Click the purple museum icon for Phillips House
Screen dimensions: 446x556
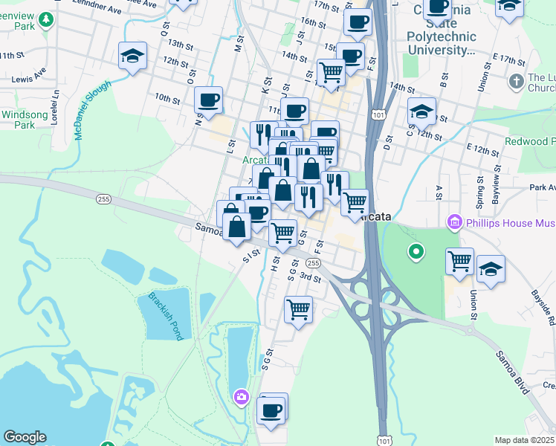(x=454, y=222)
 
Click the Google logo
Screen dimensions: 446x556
(x=25, y=437)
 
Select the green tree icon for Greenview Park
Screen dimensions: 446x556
(x=47, y=19)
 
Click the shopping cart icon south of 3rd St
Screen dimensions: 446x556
(x=298, y=308)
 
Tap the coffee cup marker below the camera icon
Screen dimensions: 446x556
(x=272, y=409)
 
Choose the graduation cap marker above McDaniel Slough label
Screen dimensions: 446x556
(x=132, y=55)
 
